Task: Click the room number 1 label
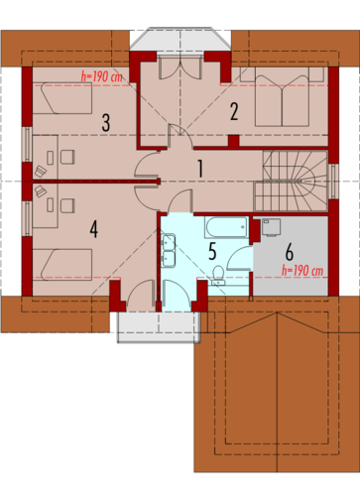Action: tap(200, 169)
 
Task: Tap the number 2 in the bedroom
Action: tap(234, 112)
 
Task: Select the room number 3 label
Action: tap(106, 123)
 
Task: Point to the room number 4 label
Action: tap(94, 229)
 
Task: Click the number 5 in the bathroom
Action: tap(212, 251)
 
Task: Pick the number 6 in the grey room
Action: tap(289, 252)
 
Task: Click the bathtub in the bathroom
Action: tap(226, 227)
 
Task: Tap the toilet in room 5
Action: tap(218, 276)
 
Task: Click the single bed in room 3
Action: tap(62, 98)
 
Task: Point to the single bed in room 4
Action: tap(62, 265)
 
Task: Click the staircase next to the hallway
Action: tap(291, 181)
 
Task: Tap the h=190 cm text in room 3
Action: tap(102, 77)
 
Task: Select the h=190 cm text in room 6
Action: tap(302, 271)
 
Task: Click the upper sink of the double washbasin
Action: tap(169, 242)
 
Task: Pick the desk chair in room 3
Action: tap(67, 157)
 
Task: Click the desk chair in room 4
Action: tap(67, 205)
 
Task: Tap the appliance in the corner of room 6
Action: tap(271, 227)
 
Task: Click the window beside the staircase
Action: tap(333, 182)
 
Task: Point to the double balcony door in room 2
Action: tap(180, 66)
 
